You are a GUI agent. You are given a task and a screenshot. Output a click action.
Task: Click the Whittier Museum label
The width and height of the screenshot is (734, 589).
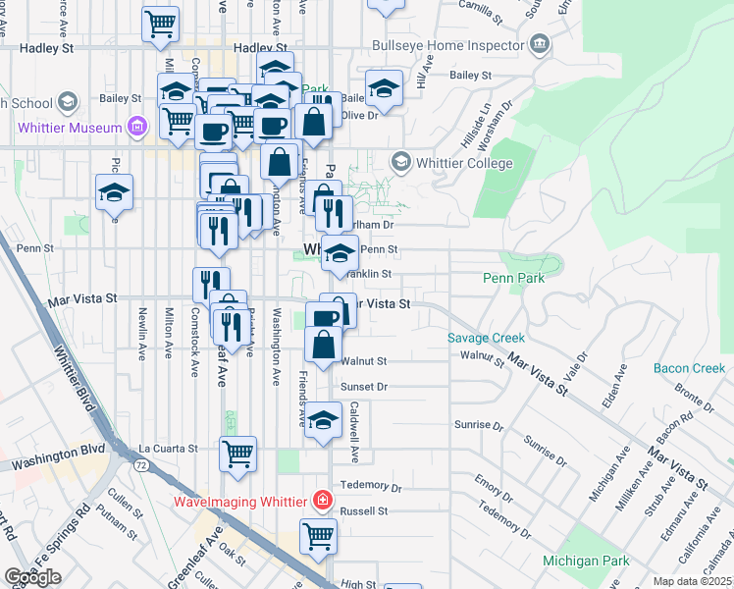(x=68, y=128)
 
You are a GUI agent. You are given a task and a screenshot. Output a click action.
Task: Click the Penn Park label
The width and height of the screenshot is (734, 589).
(x=513, y=278)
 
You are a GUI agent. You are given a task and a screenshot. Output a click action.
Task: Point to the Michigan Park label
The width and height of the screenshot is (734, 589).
(x=586, y=561)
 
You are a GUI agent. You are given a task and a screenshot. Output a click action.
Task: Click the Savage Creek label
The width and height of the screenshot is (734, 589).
(x=486, y=338)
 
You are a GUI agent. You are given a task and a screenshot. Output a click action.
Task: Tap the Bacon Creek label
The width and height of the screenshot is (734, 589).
(x=689, y=368)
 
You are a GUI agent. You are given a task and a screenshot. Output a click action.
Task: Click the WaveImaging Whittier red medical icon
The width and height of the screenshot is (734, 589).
(x=321, y=502)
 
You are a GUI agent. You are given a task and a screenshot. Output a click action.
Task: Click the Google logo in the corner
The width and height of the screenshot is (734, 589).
(x=32, y=577)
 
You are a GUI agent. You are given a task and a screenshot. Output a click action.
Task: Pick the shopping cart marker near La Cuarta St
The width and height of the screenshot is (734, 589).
(x=238, y=453)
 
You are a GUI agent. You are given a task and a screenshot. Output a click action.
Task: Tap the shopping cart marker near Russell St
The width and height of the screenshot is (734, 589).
(x=318, y=535)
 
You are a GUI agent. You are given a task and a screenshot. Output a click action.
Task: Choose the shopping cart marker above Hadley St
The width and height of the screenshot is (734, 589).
(x=161, y=23)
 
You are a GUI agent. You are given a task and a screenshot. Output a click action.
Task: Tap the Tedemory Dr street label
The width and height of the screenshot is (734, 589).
(x=369, y=486)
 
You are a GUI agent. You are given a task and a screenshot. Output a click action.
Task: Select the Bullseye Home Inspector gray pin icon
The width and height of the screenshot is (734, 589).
(x=539, y=44)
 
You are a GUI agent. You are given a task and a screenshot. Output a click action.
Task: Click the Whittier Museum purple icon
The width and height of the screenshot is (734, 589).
(x=137, y=128)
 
